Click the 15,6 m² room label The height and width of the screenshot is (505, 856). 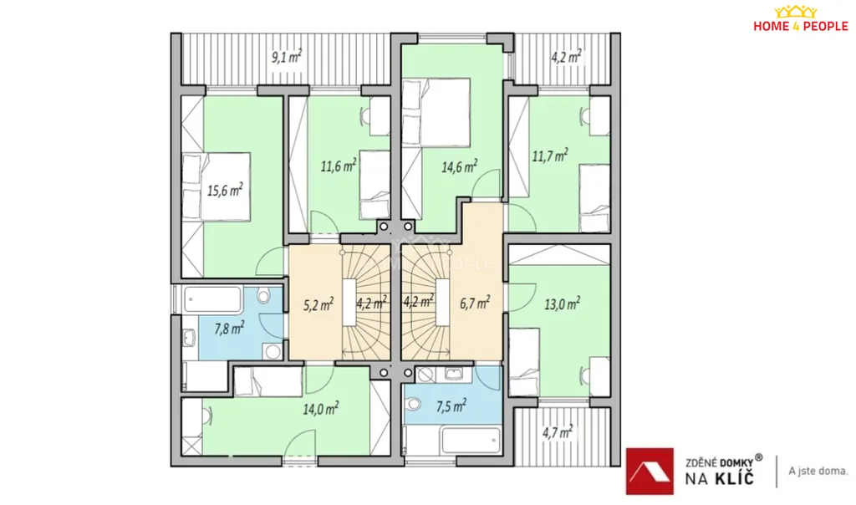[225, 190]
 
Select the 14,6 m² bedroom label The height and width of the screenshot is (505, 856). [460, 166]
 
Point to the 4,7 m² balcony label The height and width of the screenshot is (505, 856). [558, 432]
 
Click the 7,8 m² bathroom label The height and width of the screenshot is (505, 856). [229, 328]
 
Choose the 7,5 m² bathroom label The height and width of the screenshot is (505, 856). [451, 406]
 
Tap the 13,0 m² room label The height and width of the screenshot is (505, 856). [562, 304]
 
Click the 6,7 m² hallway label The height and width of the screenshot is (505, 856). [475, 302]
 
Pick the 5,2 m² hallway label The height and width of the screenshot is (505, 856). [318, 304]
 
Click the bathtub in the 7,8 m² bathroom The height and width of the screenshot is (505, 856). [212, 299]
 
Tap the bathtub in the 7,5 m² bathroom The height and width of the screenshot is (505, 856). [471, 440]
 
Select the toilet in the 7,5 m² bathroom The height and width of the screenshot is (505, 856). [413, 404]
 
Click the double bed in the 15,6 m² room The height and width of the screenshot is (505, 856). [217, 186]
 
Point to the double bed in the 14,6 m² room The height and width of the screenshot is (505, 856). [436, 113]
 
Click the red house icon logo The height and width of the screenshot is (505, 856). [650, 472]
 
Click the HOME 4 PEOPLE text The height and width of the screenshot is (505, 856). [800, 26]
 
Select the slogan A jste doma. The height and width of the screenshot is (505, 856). [818, 471]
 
